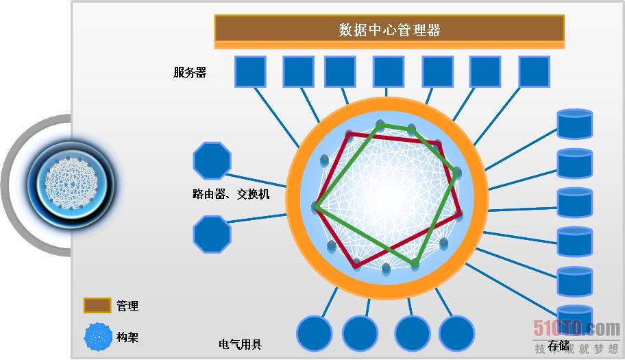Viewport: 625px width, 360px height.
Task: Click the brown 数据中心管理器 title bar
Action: coord(389,29)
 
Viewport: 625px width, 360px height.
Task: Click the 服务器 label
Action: coord(190,73)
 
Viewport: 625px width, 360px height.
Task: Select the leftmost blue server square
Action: coord(250,72)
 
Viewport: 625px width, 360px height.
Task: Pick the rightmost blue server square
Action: coord(534,72)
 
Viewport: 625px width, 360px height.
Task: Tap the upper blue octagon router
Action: coord(212,161)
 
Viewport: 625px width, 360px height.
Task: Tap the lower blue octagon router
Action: coord(212,235)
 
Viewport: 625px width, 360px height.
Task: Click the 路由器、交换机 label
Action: coord(231,195)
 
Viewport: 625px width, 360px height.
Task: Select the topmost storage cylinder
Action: coord(574,125)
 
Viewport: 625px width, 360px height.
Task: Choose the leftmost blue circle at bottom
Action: coord(315,334)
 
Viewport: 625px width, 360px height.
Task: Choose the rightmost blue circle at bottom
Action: coord(456,334)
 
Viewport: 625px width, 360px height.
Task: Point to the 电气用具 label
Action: coord(240,345)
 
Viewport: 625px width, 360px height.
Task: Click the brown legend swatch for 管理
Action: coord(97,306)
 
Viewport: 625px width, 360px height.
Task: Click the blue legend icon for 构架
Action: coord(98,337)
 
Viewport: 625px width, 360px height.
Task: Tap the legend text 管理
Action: coord(127,306)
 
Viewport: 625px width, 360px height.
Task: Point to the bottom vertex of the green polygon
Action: coord(415,264)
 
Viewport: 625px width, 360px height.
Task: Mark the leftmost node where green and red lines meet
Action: coord(317,206)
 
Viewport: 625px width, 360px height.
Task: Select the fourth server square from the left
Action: coord(389,72)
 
